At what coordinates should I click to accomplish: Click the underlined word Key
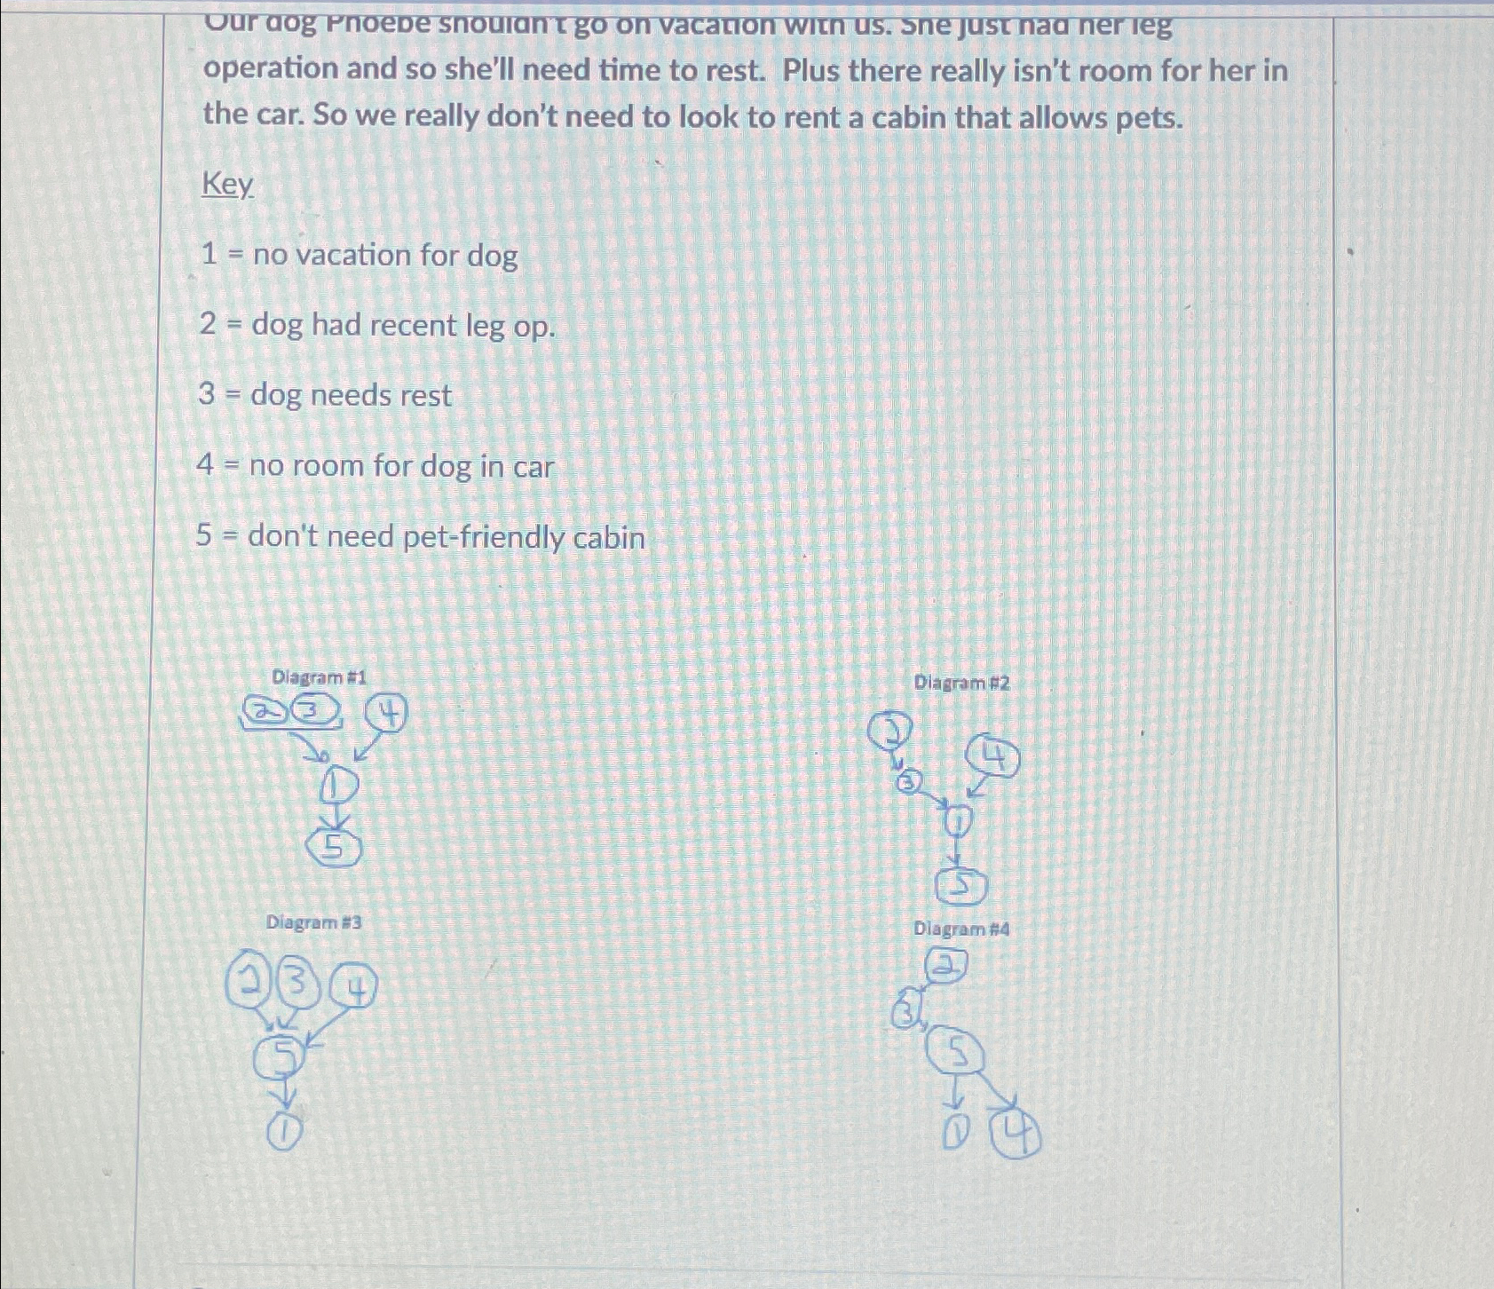click(228, 185)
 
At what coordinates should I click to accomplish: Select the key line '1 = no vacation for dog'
click(359, 256)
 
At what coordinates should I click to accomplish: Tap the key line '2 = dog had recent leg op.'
click(377, 326)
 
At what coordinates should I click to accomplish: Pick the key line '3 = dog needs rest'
click(325, 395)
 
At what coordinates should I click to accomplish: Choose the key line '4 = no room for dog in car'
click(375, 466)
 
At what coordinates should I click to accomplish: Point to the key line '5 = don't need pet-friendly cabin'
click(421, 537)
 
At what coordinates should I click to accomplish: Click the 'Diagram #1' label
click(319, 677)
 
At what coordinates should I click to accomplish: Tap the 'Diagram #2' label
click(961, 683)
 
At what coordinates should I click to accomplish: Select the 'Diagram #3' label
click(313, 922)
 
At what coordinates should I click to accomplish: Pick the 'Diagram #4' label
click(961, 929)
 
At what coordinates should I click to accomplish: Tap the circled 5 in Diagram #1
click(334, 849)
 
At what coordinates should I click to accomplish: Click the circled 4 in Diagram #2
click(993, 758)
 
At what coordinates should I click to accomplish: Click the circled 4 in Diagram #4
click(1016, 1137)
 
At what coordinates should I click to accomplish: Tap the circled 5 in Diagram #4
click(955, 1054)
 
